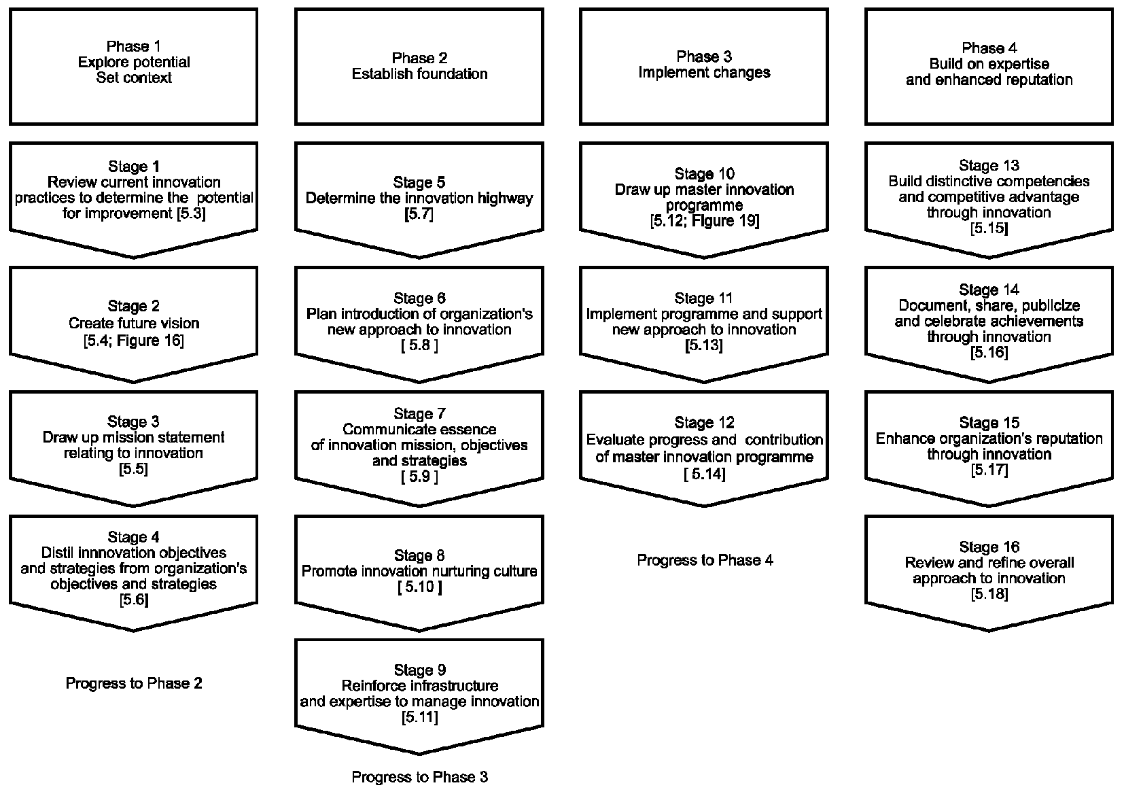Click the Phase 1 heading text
click(x=133, y=47)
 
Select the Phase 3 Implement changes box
click(x=704, y=66)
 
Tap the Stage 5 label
click(x=419, y=182)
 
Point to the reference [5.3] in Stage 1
click(x=191, y=213)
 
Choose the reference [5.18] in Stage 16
click(x=989, y=594)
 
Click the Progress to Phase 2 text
click(x=134, y=683)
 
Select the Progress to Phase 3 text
click(x=419, y=777)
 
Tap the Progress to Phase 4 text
click(x=705, y=560)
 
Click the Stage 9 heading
click(x=419, y=670)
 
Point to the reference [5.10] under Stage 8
click(x=419, y=587)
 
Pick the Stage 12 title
click(x=705, y=423)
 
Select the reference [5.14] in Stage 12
click(x=705, y=474)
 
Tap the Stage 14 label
click(x=989, y=290)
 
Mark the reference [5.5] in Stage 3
click(x=133, y=469)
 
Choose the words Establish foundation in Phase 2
click(x=419, y=74)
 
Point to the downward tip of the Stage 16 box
click(x=989, y=630)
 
